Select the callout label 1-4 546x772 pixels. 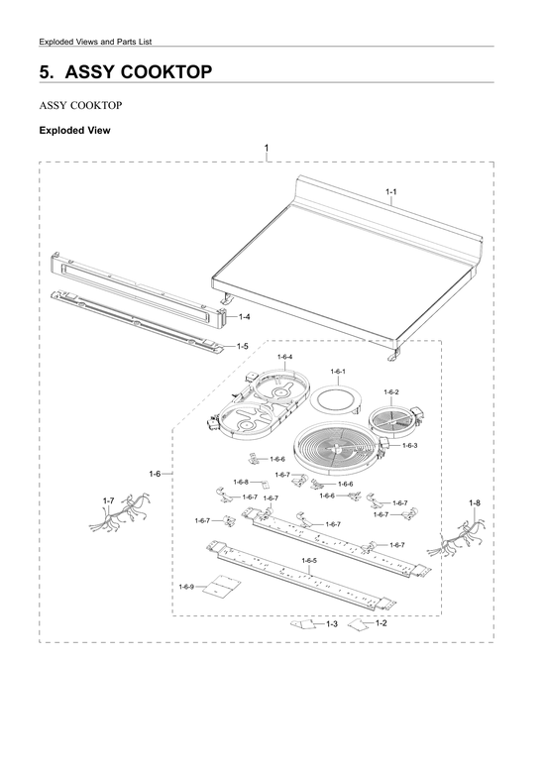pyautogui.click(x=244, y=316)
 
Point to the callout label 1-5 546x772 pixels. pyautogui.click(x=243, y=346)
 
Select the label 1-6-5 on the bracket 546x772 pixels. pyautogui.click(x=309, y=560)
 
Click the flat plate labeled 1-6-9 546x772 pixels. pyautogui.click(x=219, y=589)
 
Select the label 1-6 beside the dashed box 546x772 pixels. pyautogui.click(x=155, y=475)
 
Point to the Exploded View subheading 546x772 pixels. pyautogui.click(x=74, y=130)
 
